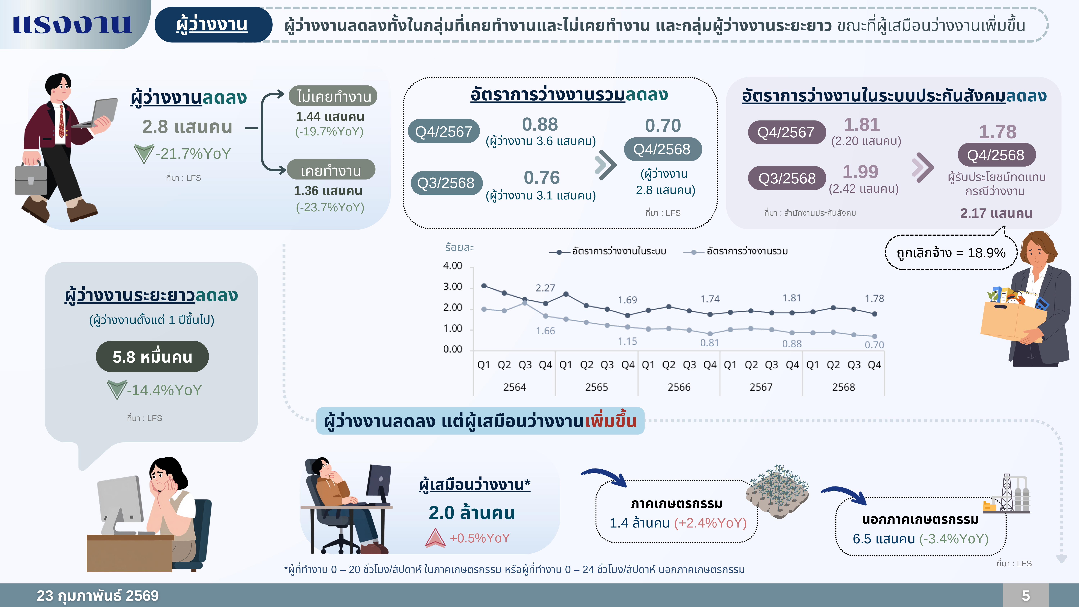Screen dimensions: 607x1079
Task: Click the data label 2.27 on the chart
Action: tap(545, 288)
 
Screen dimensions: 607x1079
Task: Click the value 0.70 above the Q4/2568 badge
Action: tap(663, 125)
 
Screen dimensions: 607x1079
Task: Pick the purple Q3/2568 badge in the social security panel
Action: tap(787, 178)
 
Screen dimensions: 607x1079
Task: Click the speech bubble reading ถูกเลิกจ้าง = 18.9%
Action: tap(950, 253)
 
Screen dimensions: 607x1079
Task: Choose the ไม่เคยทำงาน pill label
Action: tap(333, 96)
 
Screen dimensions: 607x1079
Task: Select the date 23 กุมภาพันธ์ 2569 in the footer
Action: tap(98, 595)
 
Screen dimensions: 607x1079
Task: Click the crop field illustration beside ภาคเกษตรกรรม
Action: tap(778, 490)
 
